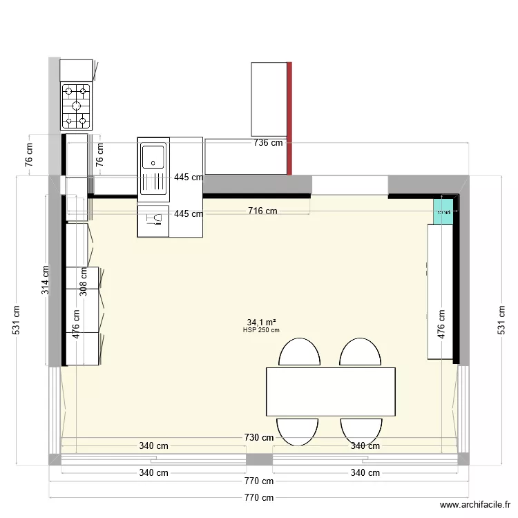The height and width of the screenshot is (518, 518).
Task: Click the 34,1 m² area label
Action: pos(261,322)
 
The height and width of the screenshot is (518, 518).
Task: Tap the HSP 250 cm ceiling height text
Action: pos(261,330)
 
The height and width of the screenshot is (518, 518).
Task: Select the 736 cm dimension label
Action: pos(269,143)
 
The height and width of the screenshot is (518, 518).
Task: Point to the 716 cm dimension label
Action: pos(262,211)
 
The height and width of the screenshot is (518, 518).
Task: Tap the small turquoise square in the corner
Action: pos(443,211)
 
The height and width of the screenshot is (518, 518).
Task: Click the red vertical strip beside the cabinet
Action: pos(289,117)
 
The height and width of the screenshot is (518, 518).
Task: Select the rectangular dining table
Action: pos(330,392)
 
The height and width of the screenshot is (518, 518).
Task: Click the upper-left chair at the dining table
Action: pos(299,352)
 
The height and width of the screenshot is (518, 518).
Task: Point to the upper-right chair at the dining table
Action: pos(360,352)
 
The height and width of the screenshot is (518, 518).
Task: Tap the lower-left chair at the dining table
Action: pos(297,430)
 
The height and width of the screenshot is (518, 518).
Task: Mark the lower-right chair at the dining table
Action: pos(361,430)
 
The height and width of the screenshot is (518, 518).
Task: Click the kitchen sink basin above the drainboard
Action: pos(153,155)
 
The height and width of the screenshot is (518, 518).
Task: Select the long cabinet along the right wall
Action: pos(440,292)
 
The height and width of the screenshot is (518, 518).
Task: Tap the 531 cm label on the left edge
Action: pos(17,320)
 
